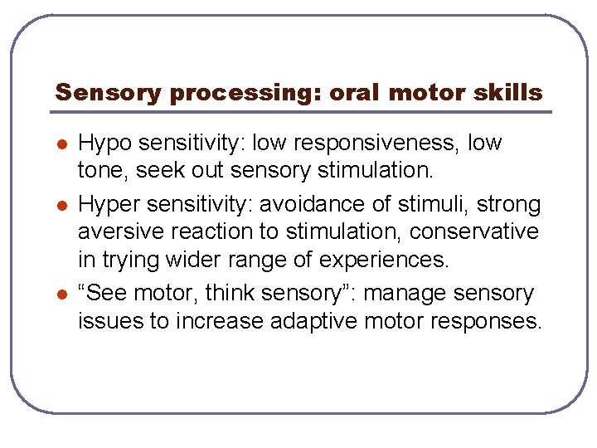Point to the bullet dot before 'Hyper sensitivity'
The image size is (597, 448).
[x=61, y=205]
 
